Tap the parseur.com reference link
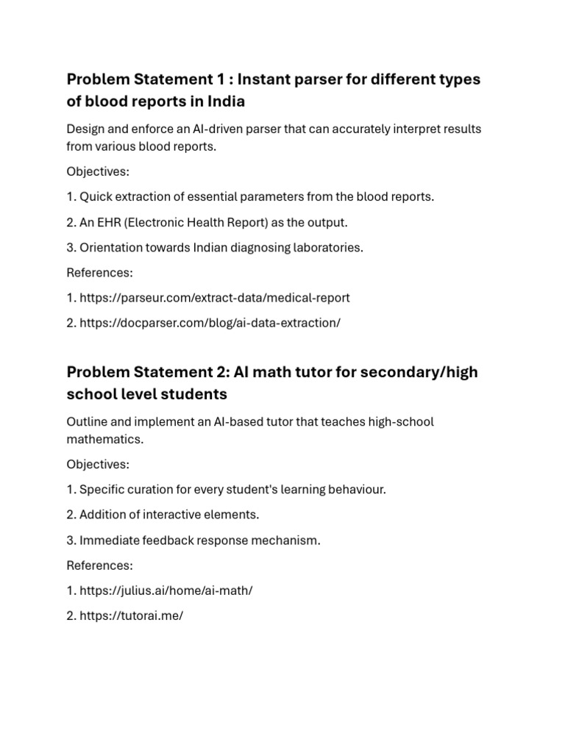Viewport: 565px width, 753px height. [214, 298]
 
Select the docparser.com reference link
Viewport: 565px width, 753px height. [210, 323]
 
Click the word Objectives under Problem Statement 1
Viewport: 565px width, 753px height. [98, 171]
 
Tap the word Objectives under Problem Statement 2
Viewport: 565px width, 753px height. [98, 465]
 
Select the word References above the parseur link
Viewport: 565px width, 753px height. [100, 273]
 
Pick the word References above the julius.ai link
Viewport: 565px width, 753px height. [100, 565]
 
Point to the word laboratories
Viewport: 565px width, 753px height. [328, 247]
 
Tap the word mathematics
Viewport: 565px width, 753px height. [104, 438]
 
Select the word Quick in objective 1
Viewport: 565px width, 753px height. [95, 197]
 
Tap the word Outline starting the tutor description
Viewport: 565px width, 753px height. [88, 422]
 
